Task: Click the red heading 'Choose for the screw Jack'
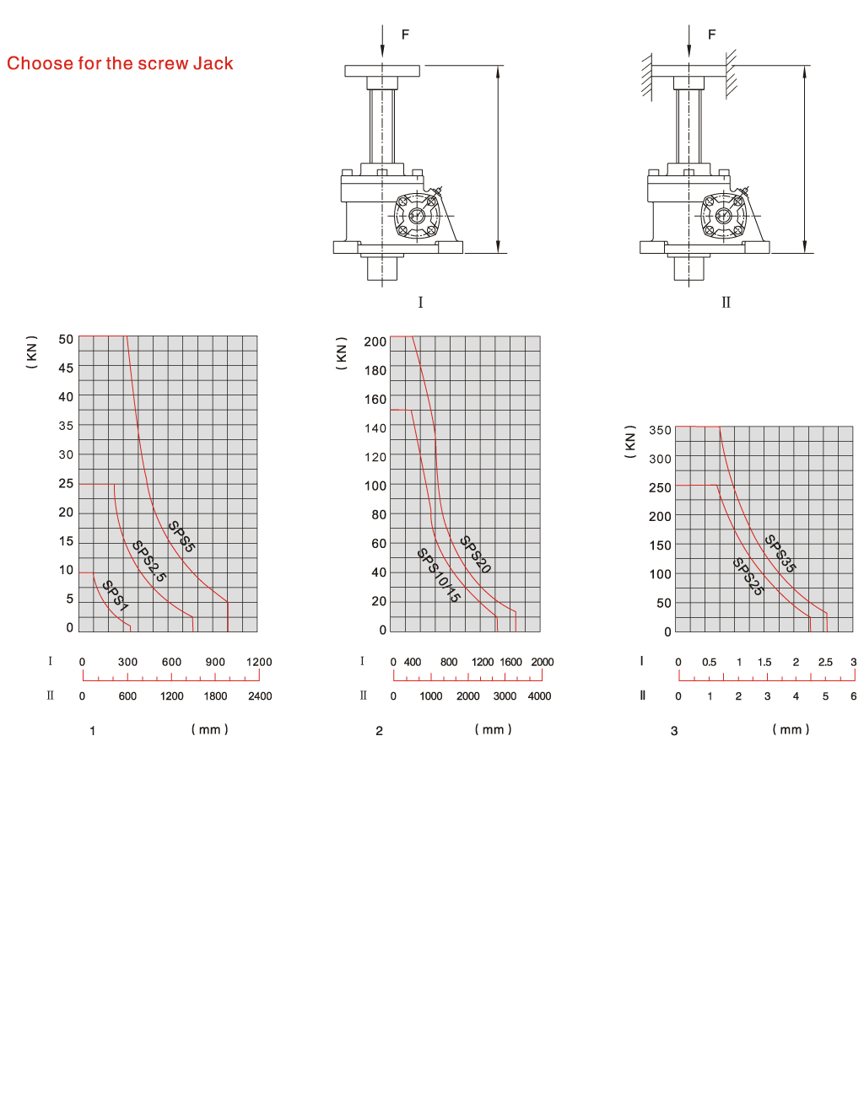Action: pyautogui.click(x=120, y=63)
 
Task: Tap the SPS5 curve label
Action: pyautogui.click(x=182, y=536)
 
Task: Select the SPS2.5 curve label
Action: pyautogui.click(x=148, y=561)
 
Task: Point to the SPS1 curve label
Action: pyautogui.click(x=116, y=595)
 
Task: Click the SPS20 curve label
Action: pyautogui.click(x=475, y=554)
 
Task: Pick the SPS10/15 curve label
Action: pyautogui.click(x=439, y=575)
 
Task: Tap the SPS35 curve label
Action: pyautogui.click(x=780, y=554)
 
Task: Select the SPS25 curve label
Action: pyautogui.click(x=748, y=577)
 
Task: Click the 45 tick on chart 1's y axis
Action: pyautogui.click(x=66, y=368)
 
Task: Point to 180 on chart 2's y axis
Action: pyautogui.click(x=375, y=371)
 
